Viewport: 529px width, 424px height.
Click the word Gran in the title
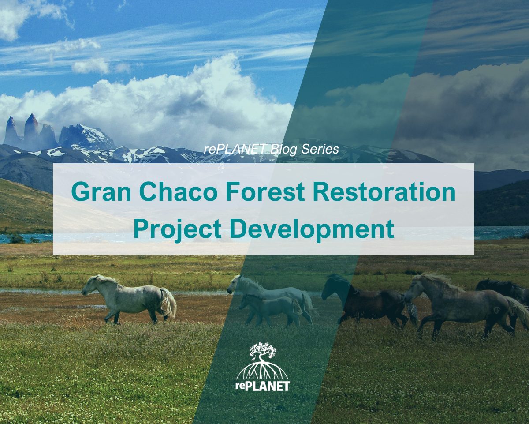tap(101, 191)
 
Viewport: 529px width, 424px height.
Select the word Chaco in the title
tap(178, 191)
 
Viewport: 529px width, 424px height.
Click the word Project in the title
tap(177, 229)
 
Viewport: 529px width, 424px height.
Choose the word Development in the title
tap(312, 229)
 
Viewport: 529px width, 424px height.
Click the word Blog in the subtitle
tap(283, 150)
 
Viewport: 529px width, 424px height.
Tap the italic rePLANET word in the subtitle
tap(235, 149)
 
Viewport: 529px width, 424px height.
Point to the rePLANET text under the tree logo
tap(263, 386)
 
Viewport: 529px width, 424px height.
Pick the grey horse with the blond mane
tap(462, 305)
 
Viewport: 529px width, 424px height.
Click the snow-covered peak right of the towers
tap(86, 137)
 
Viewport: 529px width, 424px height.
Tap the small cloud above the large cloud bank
tap(91, 66)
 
